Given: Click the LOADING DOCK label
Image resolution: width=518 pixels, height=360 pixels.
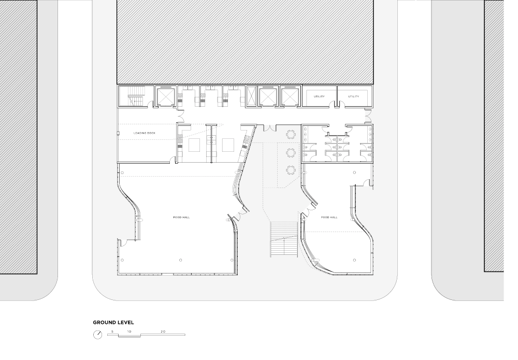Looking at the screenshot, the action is point(145,133).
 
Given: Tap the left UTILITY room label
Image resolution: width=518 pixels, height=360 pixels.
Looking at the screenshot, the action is point(319,96).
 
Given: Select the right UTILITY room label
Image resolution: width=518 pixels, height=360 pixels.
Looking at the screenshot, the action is point(353,96).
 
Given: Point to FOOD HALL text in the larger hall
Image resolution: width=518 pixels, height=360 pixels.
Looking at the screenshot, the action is point(181,218).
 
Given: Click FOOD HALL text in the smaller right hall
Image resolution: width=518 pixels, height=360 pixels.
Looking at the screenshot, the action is point(329,218).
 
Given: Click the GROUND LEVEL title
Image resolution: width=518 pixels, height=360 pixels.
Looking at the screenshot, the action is point(113,323).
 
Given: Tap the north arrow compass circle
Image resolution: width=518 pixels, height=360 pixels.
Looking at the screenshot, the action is point(98,335).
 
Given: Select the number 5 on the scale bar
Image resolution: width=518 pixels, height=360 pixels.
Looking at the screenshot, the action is point(112,332).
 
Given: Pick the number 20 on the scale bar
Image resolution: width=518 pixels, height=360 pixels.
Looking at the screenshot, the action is point(163,332).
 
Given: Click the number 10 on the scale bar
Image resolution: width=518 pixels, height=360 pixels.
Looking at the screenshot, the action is point(129,332).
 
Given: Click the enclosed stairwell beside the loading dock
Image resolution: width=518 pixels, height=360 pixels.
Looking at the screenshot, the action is point(136,96).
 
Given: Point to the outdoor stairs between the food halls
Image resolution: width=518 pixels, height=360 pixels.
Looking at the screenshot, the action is point(284,240).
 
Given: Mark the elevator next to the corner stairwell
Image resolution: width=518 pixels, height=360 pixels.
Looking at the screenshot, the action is point(166,96).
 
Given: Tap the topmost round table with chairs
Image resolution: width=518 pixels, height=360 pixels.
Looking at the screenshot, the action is point(291,135).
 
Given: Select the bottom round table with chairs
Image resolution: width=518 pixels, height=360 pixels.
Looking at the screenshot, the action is point(291,170).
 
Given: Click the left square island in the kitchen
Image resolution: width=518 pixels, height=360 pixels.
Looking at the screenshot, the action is point(195,145).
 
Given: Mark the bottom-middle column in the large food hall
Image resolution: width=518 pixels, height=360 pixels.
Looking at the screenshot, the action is point(180,260).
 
